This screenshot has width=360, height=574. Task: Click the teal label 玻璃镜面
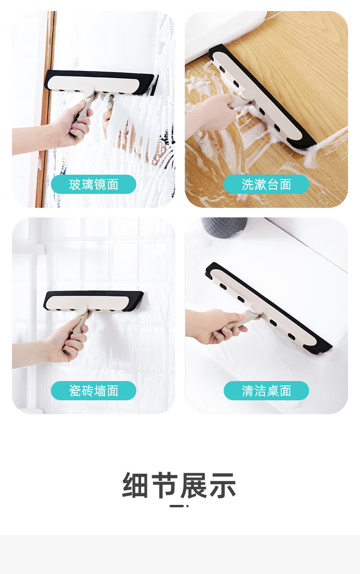point(94,184)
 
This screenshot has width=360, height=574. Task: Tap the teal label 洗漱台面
point(266,184)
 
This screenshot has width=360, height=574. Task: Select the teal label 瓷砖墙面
point(94,391)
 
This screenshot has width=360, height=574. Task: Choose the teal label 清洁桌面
point(266,391)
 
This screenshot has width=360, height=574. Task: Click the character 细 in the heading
point(135,485)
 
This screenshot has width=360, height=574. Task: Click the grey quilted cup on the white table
point(224,227)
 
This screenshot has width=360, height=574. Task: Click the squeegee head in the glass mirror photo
point(101,83)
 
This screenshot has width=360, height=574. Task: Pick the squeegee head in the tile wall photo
point(93,301)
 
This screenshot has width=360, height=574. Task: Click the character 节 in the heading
point(165,485)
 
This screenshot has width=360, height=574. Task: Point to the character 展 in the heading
point(194,485)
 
